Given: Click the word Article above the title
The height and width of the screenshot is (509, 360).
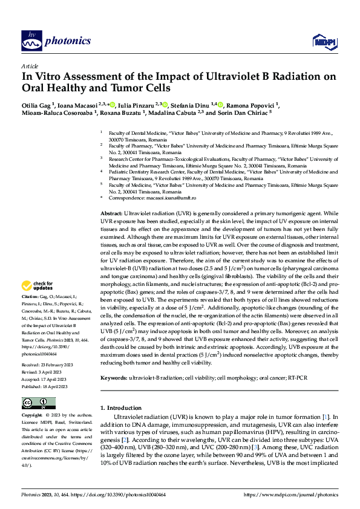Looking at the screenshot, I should click(30, 65).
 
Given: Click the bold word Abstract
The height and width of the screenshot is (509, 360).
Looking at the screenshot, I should click(111, 214).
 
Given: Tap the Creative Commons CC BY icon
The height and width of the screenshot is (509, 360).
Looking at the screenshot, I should click(39, 403).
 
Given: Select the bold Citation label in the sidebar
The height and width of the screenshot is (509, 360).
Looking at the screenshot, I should click(30, 297).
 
